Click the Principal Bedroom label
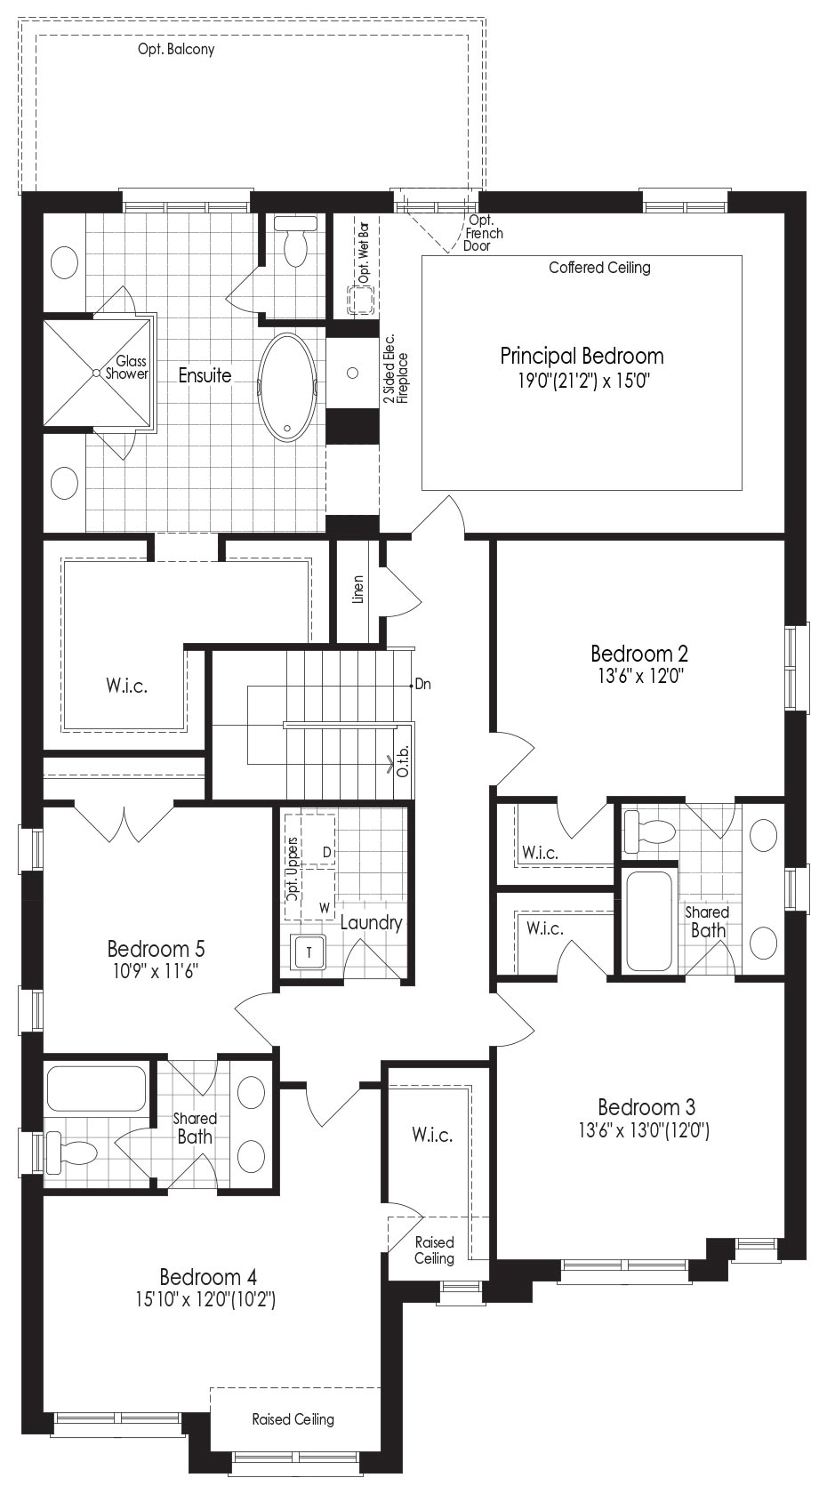[582, 356]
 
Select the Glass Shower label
[126, 367]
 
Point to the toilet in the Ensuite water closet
[295, 240]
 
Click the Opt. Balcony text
[176, 49]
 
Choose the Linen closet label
[358, 590]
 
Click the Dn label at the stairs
[423, 685]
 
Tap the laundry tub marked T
[309, 952]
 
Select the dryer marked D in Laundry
[318, 839]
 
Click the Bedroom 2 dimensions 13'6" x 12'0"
[640, 676]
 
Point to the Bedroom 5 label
[157, 948]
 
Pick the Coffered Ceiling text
[599, 268]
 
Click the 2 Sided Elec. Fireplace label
[396, 370]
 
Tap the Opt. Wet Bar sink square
[361, 301]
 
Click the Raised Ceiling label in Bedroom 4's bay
[293, 1419]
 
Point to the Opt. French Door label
[484, 233]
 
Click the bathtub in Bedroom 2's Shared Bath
[649, 921]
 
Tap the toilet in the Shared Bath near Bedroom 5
[72, 1152]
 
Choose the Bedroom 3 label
[646, 1107]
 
